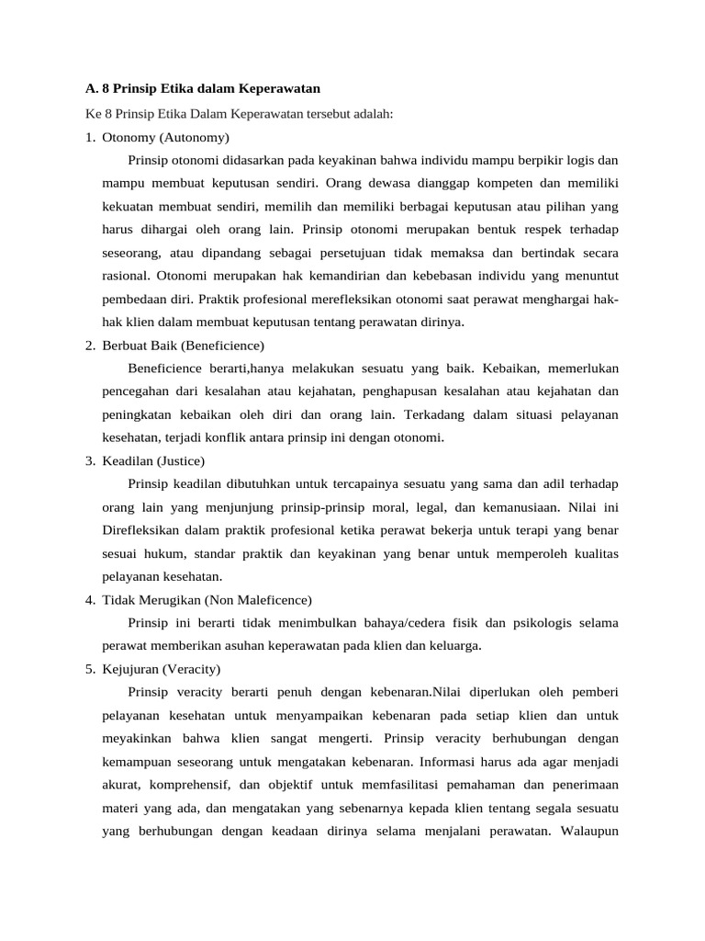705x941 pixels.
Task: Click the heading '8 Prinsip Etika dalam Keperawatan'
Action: pos(210,89)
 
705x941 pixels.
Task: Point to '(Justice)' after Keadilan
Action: pos(181,460)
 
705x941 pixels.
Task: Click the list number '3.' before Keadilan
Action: pos(91,460)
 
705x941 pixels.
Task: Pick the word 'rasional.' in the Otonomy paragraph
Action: pos(126,276)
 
